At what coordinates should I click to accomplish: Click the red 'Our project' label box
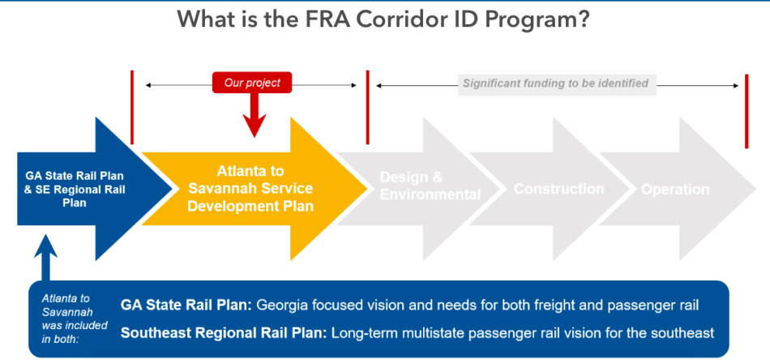pyautogui.click(x=252, y=83)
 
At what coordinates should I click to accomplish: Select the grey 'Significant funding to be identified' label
pyautogui.click(x=557, y=84)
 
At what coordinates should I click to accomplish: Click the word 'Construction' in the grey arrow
pyautogui.click(x=558, y=189)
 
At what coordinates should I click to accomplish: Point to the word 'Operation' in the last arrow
pyautogui.click(x=675, y=190)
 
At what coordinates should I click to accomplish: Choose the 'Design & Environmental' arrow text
pyautogui.click(x=430, y=186)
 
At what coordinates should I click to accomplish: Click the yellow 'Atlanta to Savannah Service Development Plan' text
pyautogui.click(x=250, y=189)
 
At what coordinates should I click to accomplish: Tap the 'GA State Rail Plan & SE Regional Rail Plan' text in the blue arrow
pyautogui.click(x=74, y=189)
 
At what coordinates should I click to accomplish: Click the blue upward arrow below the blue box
pyautogui.click(x=45, y=257)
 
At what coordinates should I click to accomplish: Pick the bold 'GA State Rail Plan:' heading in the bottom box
pyautogui.click(x=186, y=306)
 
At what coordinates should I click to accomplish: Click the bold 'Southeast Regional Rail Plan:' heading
pyautogui.click(x=224, y=333)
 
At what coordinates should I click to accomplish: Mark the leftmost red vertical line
pyautogui.click(x=132, y=107)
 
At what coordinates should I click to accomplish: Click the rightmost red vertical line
pyautogui.click(x=746, y=111)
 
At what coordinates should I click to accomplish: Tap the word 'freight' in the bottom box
pyautogui.click(x=546, y=306)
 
